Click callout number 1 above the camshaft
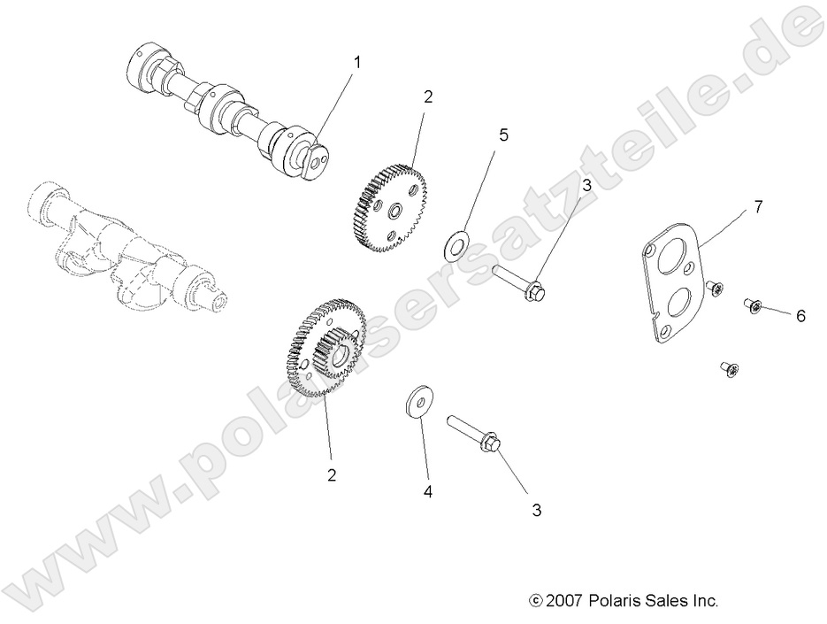pyautogui.click(x=357, y=62)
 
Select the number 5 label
pyautogui.click(x=503, y=135)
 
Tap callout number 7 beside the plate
pyautogui.click(x=758, y=206)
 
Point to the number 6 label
pyautogui.click(x=800, y=315)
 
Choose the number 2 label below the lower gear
pyautogui.click(x=332, y=474)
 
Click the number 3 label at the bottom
pyautogui.click(x=536, y=510)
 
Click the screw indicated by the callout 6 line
pyautogui.click(x=754, y=306)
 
